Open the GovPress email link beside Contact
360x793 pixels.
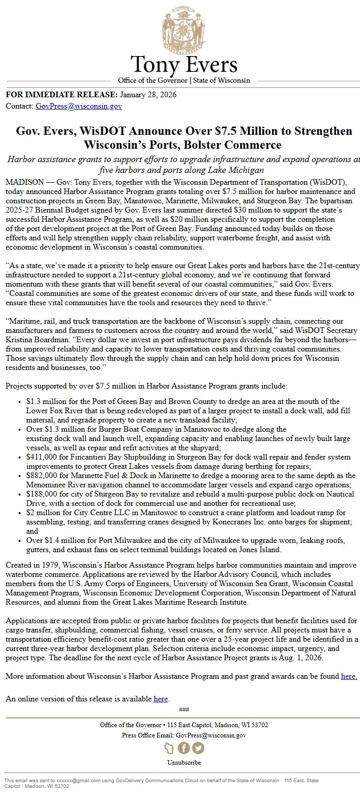pos(78,107)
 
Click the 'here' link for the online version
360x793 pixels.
pos(161,699)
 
